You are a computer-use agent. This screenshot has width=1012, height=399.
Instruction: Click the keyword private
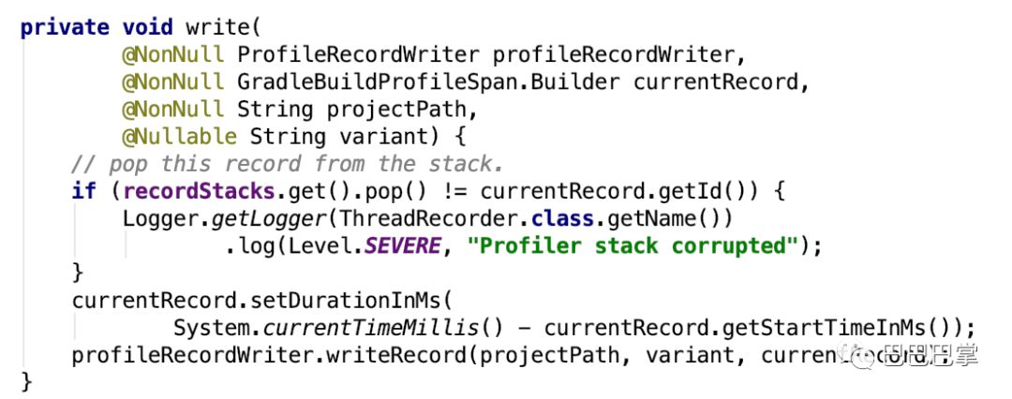65,27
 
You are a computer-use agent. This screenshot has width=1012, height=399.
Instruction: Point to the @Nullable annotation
179,137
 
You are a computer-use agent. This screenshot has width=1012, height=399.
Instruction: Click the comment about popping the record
288,164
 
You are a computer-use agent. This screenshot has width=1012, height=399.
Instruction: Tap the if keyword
83,191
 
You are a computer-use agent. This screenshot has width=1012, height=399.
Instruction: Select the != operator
444,191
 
